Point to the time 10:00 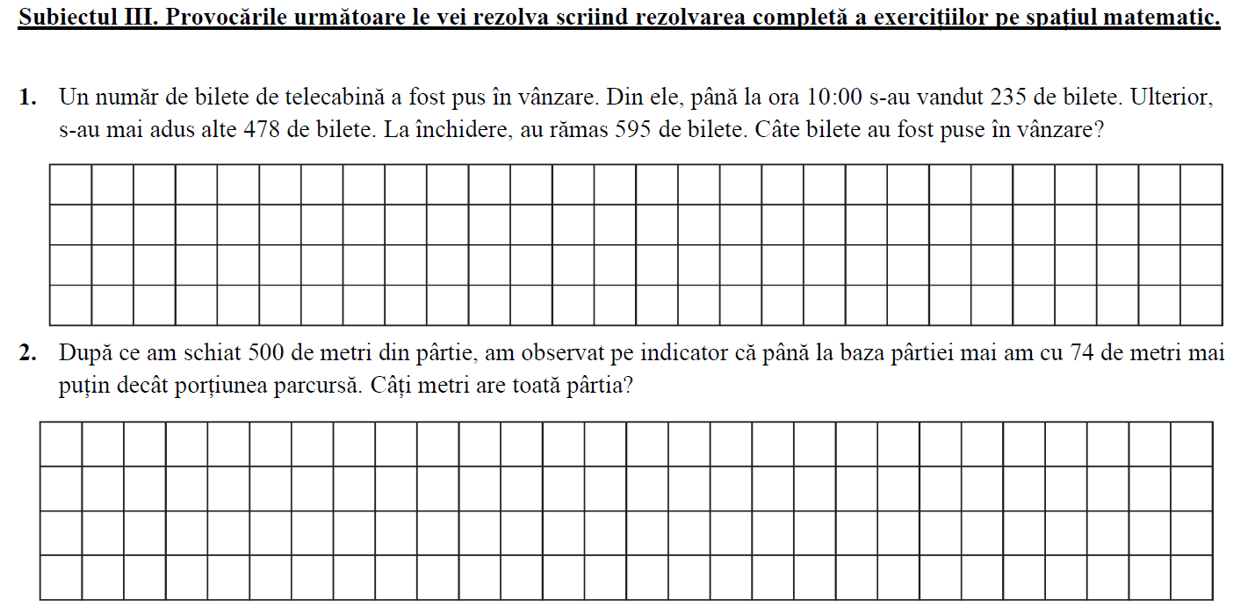tap(847, 97)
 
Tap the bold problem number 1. tap(27, 97)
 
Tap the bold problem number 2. tap(27, 353)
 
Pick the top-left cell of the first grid tap(71, 184)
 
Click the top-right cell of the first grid tap(1201, 184)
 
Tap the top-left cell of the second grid tap(61, 444)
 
